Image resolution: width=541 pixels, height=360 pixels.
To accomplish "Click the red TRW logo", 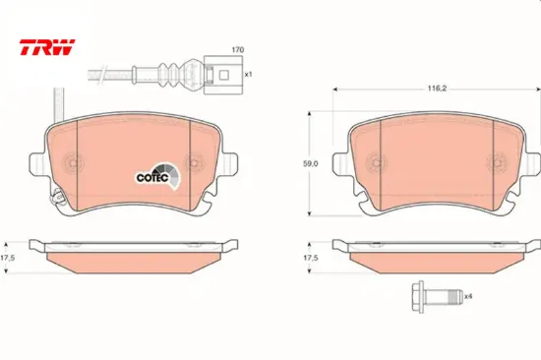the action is tap(47, 47).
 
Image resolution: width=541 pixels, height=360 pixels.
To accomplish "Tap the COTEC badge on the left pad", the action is tap(158, 176).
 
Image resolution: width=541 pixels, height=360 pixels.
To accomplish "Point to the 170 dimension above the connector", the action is tap(238, 50).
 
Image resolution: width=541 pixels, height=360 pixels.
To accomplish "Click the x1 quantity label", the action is tap(249, 74).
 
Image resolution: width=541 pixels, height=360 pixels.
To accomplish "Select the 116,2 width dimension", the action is tap(437, 89).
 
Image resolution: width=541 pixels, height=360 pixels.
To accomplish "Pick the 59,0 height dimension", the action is tap(311, 164).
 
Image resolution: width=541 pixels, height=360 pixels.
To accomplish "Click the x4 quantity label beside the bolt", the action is tap(468, 296).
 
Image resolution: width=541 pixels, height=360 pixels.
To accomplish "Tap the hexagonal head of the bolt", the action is tap(418, 296).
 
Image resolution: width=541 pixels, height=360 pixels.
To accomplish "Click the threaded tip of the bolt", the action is tap(456, 296).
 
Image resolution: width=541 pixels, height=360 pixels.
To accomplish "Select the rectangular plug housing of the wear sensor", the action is tap(223, 75).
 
